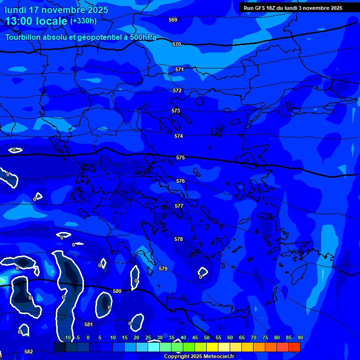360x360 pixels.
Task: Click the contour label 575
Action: pyautogui.click(x=180, y=158)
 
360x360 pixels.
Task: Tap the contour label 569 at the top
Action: pyautogui.click(x=173, y=20)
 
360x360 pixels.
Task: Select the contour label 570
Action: pyautogui.click(x=177, y=44)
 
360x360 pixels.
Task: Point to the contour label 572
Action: pyautogui.click(x=177, y=90)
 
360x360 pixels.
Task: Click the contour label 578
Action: pyautogui.click(x=179, y=239)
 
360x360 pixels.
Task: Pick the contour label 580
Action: pyautogui.click(x=117, y=291)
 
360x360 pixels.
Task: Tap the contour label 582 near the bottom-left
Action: pyautogui.click(x=29, y=352)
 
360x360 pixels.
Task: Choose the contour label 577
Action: pyautogui.click(x=179, y=206)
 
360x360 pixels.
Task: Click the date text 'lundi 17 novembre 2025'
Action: pyautogui.click(x=56, y=10)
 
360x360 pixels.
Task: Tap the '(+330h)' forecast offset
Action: pyautogui.click(x=83, y=21)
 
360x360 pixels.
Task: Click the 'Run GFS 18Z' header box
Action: pyautogui.click(x=293, y=8)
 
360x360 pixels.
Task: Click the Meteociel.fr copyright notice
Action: pyautogui.click(x=199, y=356)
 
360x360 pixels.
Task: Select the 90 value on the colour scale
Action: pyautogui.click(x=300, y=337)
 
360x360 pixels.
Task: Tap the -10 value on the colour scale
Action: pyautogui.click(x=67, y=337)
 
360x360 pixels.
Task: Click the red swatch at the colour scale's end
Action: pyautogui.click(x=294, y=347)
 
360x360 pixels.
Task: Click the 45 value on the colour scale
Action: pyautogui.click(x=195, y=337)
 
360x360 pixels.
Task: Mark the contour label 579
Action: pyautogui.click(x=163, y=269)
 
